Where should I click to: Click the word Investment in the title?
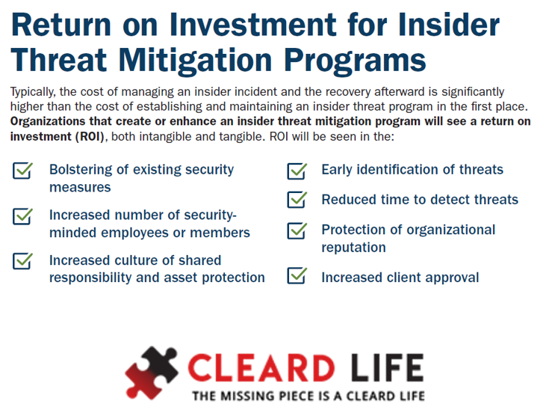[252, 25]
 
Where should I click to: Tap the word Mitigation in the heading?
[195, 60]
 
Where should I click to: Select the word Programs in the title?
[355, 61]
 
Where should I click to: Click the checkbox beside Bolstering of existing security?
[22, 171]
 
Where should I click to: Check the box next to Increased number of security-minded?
[22, 216]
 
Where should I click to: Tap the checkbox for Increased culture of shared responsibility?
[22, 261]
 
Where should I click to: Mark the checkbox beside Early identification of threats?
[297, 171]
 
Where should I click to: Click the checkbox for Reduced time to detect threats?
[297, 200]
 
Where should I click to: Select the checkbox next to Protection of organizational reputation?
[297, 230]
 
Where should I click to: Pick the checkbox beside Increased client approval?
[297, 275]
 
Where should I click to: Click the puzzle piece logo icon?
[152, 373]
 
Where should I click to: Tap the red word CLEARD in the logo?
[261, 367]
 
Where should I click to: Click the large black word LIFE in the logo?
[387, 367]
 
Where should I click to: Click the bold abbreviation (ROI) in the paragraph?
[90, 136]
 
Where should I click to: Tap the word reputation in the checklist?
[353, 248]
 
